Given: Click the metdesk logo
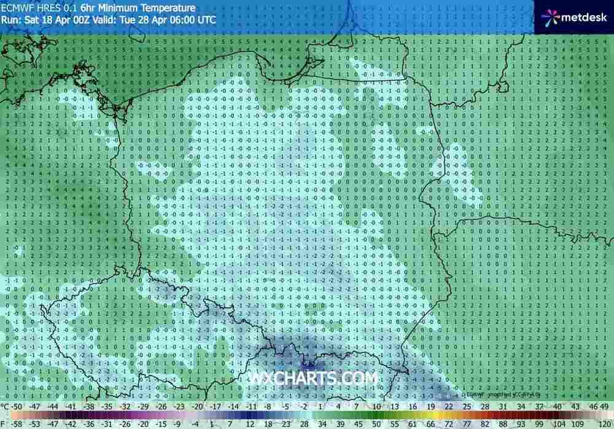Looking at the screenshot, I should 572,17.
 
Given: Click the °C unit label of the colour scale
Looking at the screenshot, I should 6,406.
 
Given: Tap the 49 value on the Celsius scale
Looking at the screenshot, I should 605,406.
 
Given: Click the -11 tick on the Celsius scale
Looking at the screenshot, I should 251,406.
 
